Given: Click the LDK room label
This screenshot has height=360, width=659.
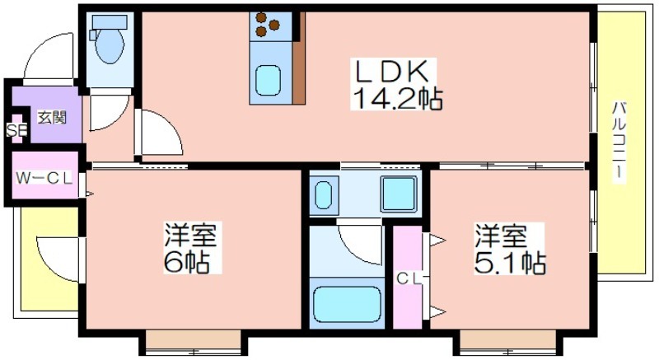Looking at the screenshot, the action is (x=393, y=72).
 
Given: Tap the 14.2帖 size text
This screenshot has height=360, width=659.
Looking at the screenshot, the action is (x=396, y=99).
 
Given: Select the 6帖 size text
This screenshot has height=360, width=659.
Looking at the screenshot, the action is (x=187, y=262).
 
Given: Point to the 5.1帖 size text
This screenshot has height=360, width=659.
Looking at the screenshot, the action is (x=510, y=263).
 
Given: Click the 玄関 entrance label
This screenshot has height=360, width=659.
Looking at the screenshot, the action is (x=53, y=118).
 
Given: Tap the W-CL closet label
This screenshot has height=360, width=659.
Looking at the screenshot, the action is (x=44, y=178).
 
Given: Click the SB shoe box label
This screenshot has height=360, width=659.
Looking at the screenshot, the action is (x=16, y=131).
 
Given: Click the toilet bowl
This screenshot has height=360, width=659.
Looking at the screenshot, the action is (x=110, y=45).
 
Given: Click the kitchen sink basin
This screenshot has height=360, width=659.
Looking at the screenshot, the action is (x=269, y=80).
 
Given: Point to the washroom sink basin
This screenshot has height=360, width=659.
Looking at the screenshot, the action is (x=324, y=195).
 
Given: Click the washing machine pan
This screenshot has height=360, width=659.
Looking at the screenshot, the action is (x=400, y=194).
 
